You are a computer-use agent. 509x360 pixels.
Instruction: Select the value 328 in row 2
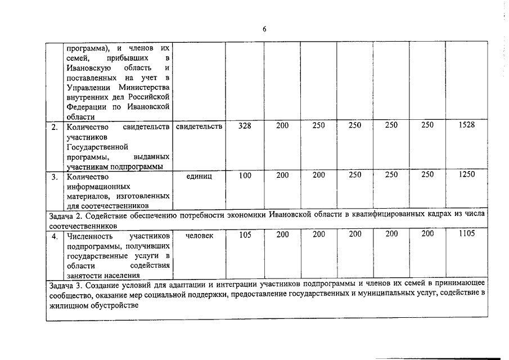pyautogui.click(x=245, y=125)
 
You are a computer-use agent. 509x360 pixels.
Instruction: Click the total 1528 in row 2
pyautogui.click(x=467, y=125)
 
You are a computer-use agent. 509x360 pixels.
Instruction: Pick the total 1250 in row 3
pyautogui.click(x=467, y=175)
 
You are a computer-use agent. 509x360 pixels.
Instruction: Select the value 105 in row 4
pyautogui.click(x=245, y=235)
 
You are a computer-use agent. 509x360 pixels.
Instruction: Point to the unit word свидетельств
pyautogui.click(x=199, y=126)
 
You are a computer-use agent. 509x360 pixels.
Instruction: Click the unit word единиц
pyautogui.click(x=199, y=175)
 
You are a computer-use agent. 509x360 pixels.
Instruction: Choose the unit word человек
pyautogui.click(x=199, y=235)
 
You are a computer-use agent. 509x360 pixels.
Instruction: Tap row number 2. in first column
pyautogui.click(x=55, y=127)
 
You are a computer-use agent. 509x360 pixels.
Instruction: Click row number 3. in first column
pyautogui.click(x=55, y=176)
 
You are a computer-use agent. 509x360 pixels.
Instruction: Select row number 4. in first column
pyautogui.click(x=55, y=236)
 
